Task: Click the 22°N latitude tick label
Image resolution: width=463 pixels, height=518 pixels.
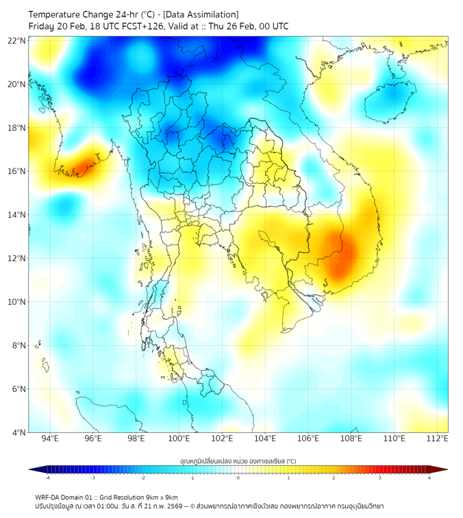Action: [16, 40]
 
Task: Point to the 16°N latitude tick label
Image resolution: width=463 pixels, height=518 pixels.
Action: [16, 171]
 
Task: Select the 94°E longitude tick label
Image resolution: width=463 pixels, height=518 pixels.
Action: [50, 439]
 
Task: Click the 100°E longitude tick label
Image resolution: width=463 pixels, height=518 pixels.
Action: [179, 439]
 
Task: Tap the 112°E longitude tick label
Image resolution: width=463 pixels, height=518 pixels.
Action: [438, 439]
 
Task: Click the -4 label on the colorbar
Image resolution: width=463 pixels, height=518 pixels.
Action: [47, 478]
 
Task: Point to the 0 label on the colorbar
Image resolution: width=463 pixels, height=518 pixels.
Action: [238, 478]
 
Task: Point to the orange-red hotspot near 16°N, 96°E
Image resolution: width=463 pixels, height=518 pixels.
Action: [82, 166]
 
